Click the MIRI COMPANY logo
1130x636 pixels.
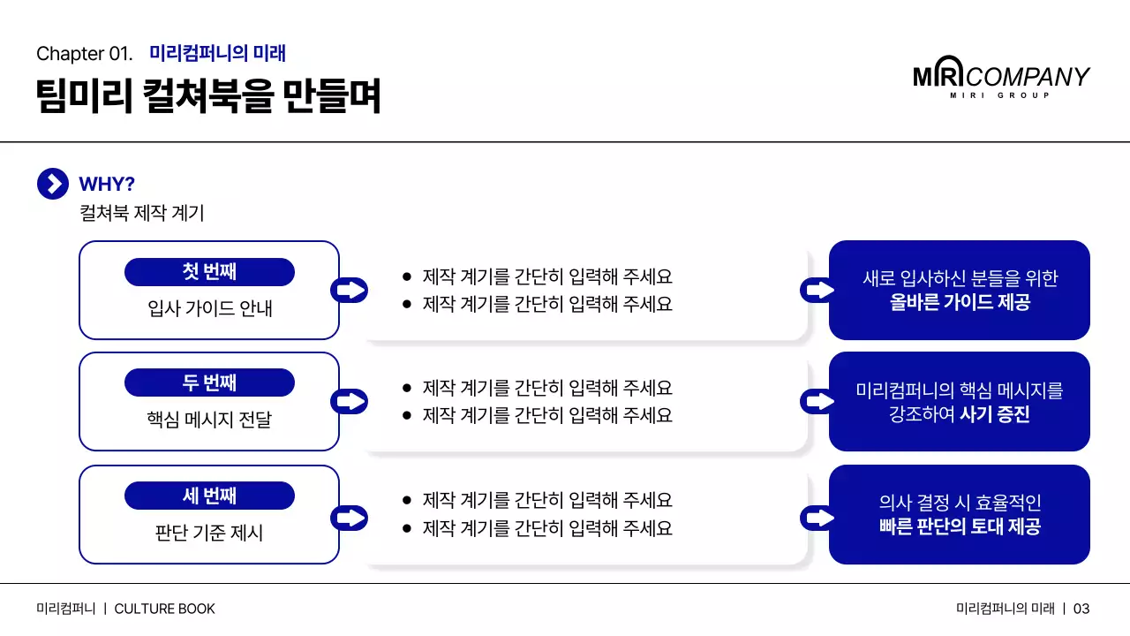pos(1001,79)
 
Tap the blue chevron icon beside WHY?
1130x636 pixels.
pos(53,184)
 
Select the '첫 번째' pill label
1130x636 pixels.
pos(209,272)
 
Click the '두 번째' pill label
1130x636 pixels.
pos(209,383)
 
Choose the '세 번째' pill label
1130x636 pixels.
pos(209,496)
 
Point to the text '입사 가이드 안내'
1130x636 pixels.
pos(209,308)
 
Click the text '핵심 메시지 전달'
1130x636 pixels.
pos(209,420)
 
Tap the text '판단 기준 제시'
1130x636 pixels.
pos(209,533)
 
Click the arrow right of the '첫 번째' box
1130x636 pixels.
pos(350,290)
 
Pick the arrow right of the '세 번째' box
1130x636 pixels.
pos(350,517)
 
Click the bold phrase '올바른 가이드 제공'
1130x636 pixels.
pos(960,303)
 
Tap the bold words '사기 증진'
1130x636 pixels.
pos(994,414)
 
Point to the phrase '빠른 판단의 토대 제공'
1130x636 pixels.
pos(960,527)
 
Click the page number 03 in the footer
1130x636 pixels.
pos(1081,609)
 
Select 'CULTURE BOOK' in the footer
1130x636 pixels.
pos(164,609)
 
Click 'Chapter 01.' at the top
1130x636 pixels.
pos(85,54)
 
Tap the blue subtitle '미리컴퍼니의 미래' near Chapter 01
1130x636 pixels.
pos(217,54)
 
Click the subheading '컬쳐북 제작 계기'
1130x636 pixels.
pos(141,213)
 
